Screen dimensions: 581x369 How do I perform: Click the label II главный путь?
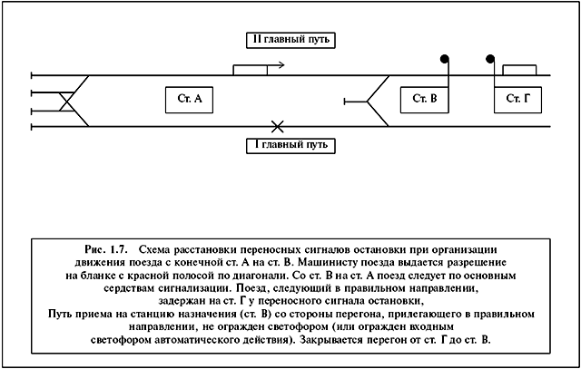click(x=290, y=40)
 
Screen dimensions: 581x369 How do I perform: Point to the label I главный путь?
click(x=290, y=145)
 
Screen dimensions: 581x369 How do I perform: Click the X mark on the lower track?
click(x=277, y=127)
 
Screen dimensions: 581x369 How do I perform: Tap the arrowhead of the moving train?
click(x=281, y=65)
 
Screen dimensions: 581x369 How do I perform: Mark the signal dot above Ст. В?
click(x=445, y=59)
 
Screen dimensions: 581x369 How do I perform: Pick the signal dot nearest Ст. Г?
click(x=490, y=59)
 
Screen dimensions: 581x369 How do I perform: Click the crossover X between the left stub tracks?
click(x=67, y=102)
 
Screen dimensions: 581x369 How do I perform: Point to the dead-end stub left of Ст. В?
click(x=356, y=101)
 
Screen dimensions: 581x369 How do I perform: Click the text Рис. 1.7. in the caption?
click(x=106, y=249)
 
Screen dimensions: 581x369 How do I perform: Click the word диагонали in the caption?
click(x=263, y=277)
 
